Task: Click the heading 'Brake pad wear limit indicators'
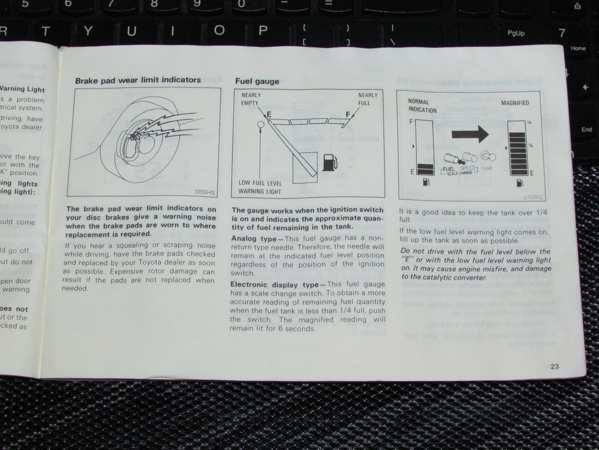click(x=138, y=80)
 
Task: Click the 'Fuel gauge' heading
click(x=257, y=81)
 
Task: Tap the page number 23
click(x=555, y=366)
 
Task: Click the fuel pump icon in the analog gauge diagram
click(x=330, y=162)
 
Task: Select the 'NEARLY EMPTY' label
click(x=250, y=99)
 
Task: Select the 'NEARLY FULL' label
click(x=368, y=99)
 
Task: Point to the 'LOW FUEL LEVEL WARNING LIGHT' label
click(x=260, y=187)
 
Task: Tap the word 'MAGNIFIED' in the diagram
click(x=515, y=103)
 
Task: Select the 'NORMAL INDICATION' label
click(x=422, y=106)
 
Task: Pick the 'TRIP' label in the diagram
click(x=487, y=169)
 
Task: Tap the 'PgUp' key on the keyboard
click(x=516, y=33)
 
